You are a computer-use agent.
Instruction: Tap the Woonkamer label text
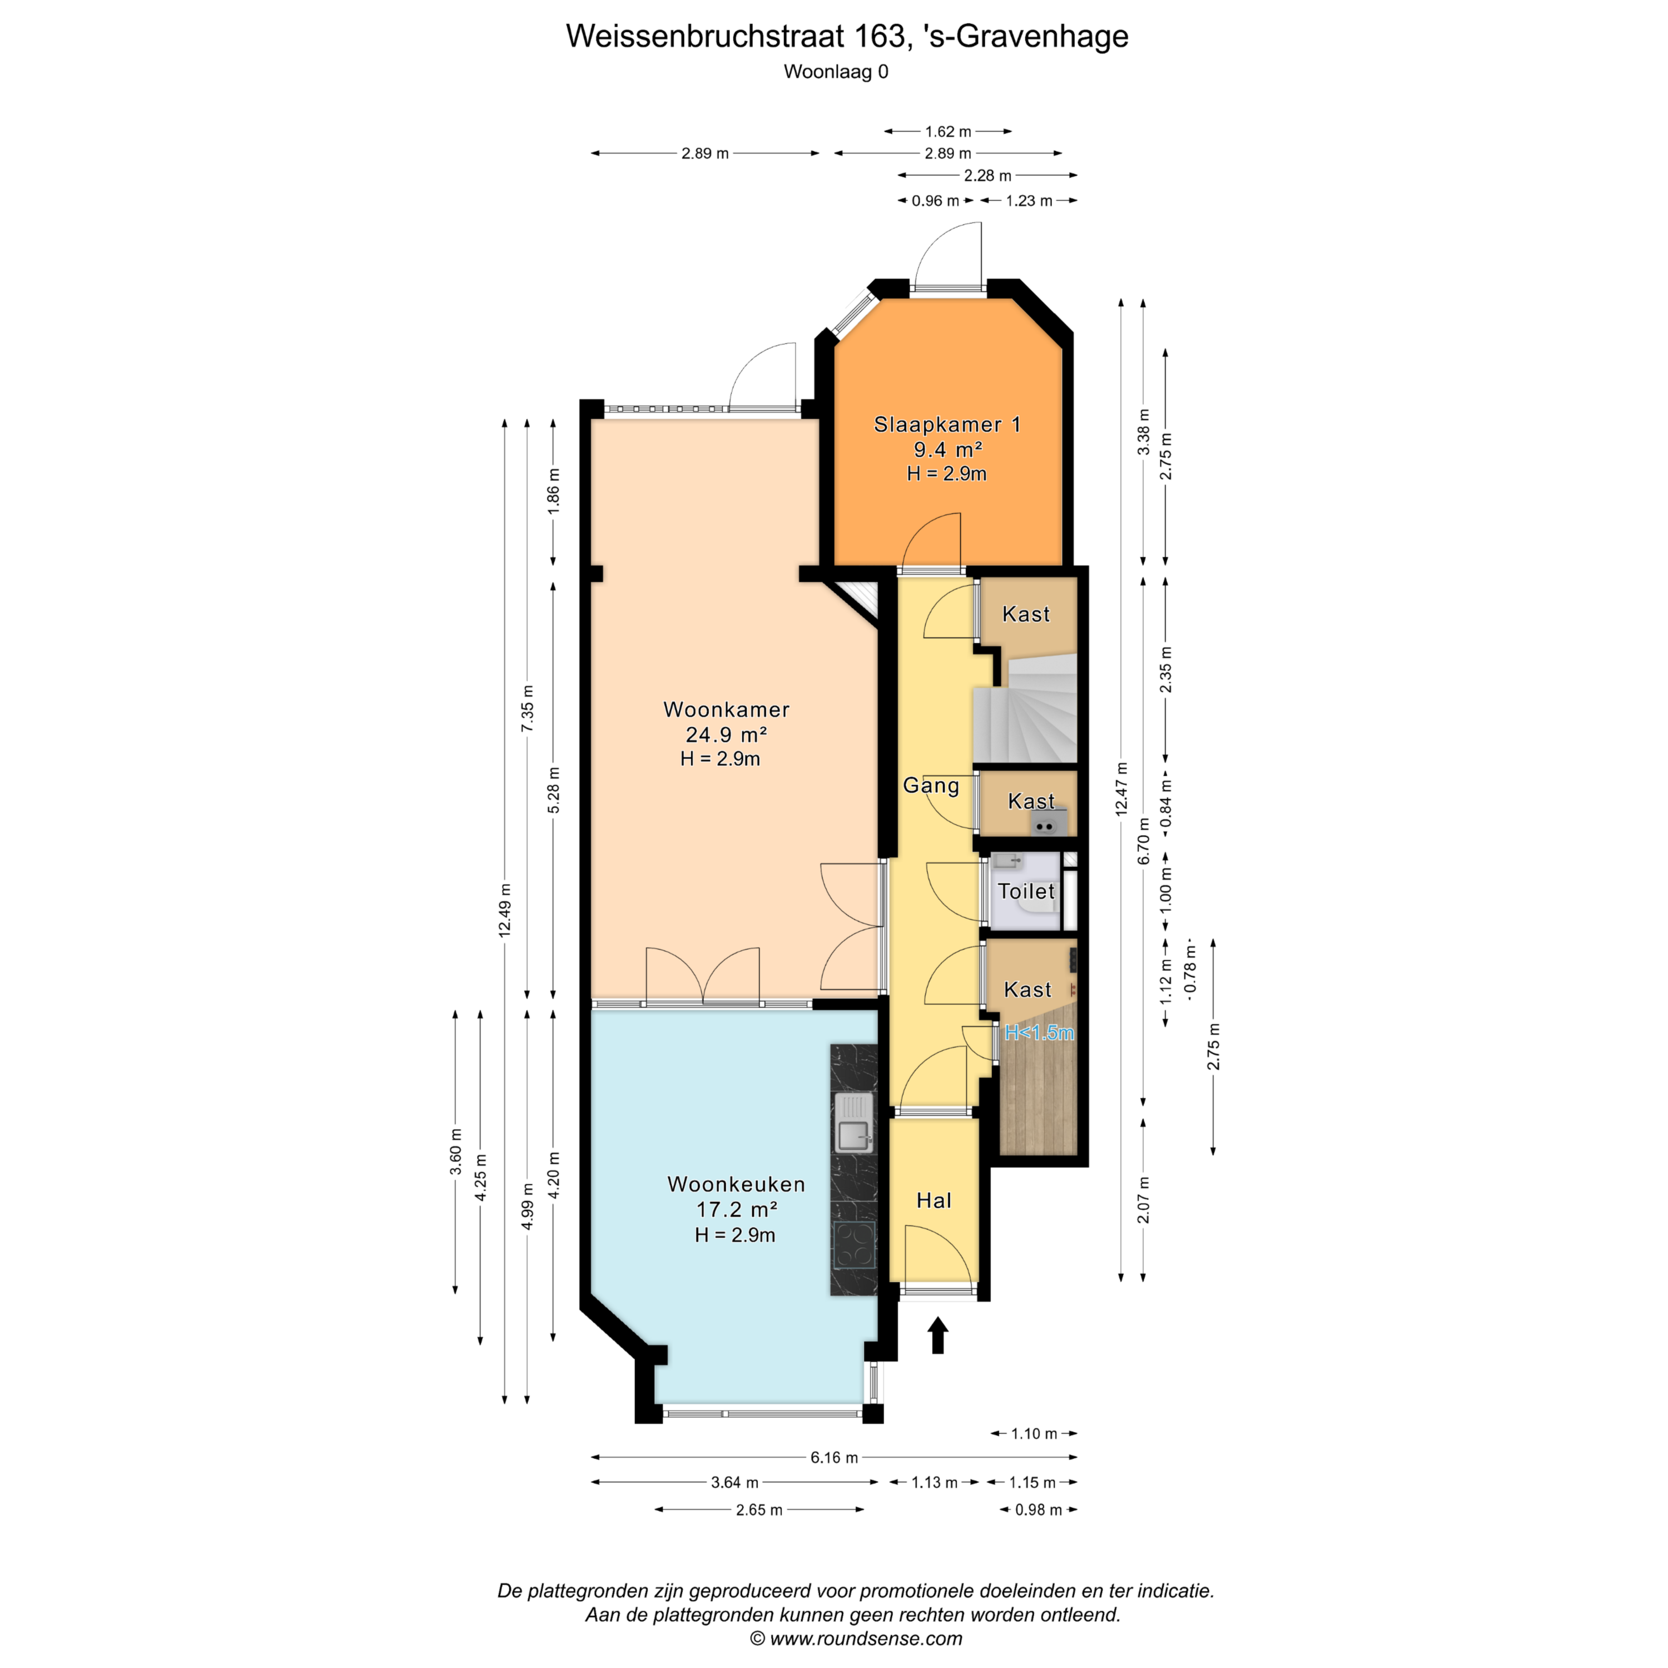pyautogui.click(x=726, y=709)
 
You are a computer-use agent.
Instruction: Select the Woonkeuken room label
pyautogui.click(x=736, y=1184)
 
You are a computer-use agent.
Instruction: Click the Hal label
pyautogui.click(x=934, y=1200)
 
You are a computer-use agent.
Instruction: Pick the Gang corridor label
pyautogui.click(x=931, y=786)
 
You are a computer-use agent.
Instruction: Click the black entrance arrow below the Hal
pyautogui.click(x=937, y=1335)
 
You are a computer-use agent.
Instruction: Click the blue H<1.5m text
pyautogui.click(x=1040, y=1032)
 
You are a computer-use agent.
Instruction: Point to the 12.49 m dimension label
pyautogui.click(x=505, y=910)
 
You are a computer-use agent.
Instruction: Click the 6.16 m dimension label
pyautogui.click(x=834, y=1457)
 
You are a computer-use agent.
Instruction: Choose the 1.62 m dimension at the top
pyautogui.click(x=948, y=131)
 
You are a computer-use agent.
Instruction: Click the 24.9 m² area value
pyautogui.click(x=727, y=734)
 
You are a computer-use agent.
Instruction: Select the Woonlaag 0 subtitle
pyautogui.click(x=836, y=72)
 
